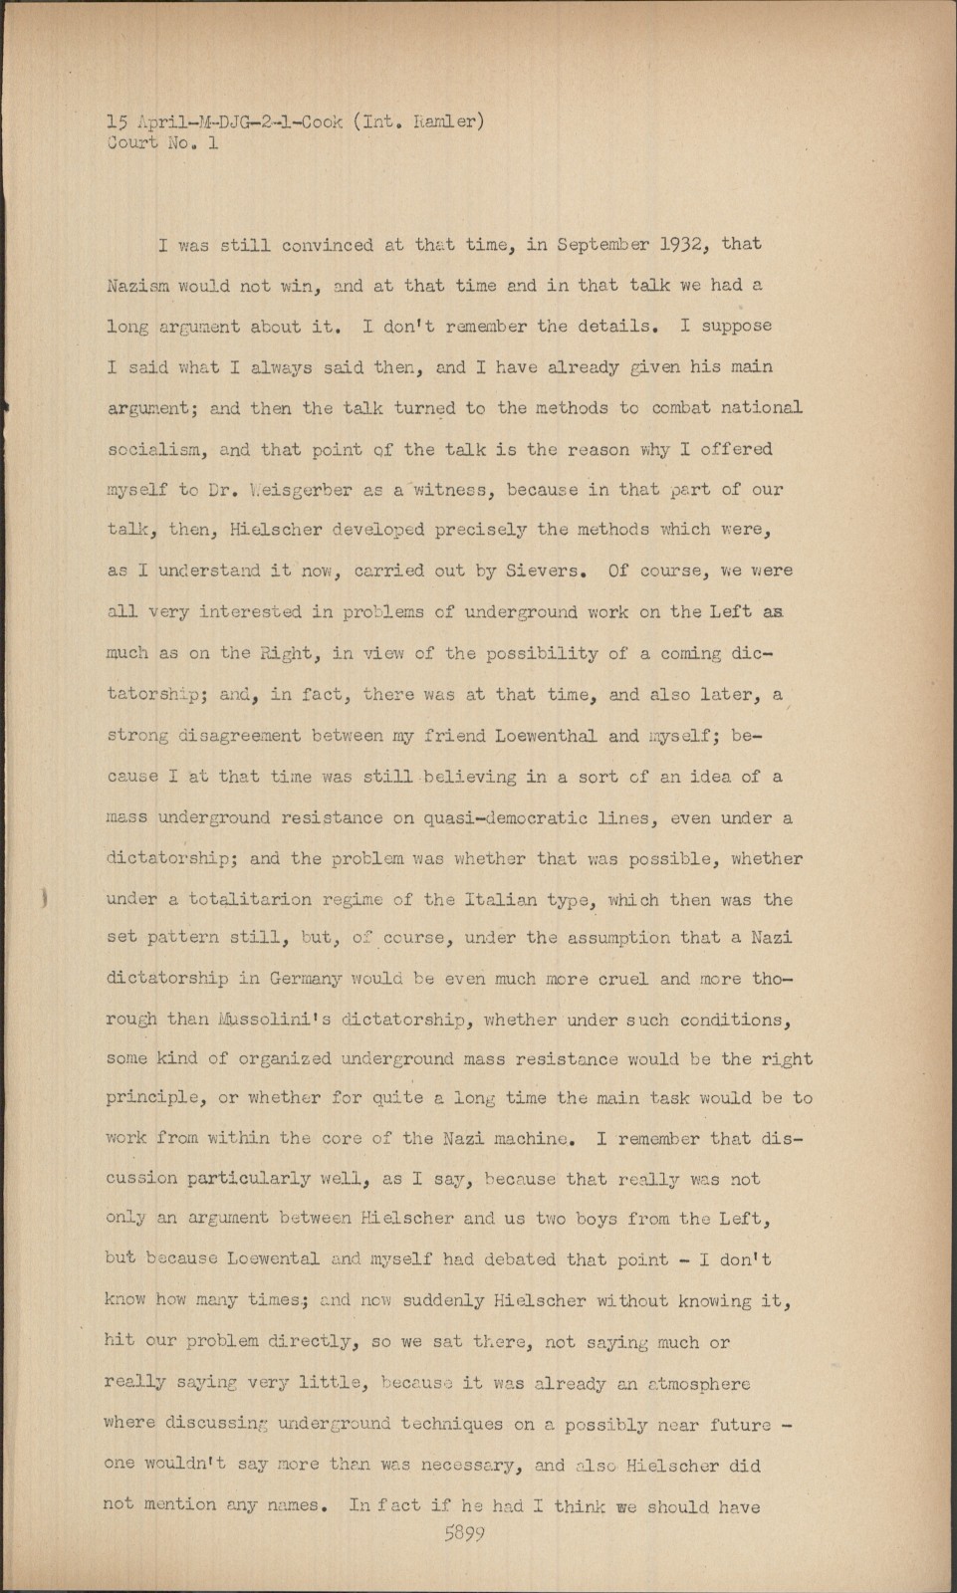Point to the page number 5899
click(464, 1533)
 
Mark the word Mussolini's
click(265, 1020)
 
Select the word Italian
click(502, 899)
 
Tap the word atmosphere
click(699, 1384)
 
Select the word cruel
click(623, 979)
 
